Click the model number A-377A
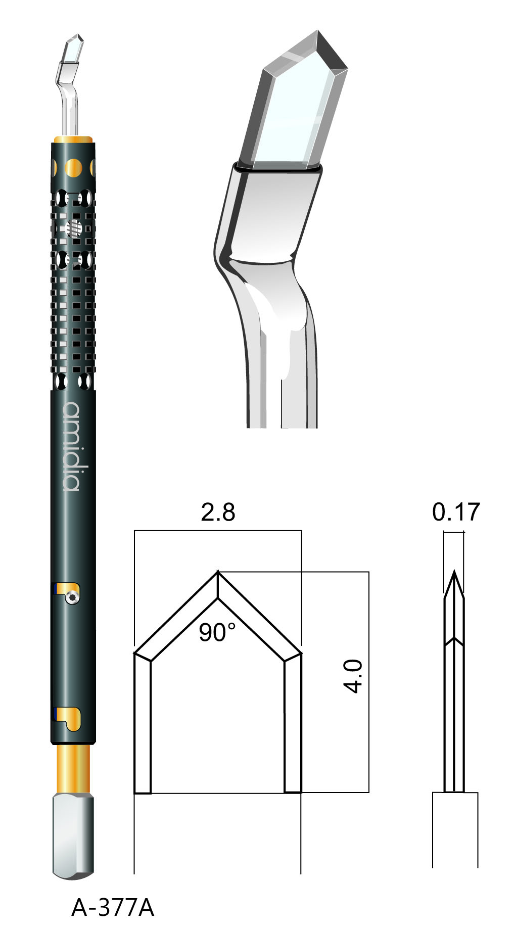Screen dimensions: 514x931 [112, 907]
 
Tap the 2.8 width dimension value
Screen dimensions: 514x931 [218, 512]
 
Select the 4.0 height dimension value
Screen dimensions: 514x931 [353, 676]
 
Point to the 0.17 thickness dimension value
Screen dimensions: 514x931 [455, 512]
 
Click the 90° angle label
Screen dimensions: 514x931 [216, 632]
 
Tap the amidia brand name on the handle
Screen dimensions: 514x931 [72, 446]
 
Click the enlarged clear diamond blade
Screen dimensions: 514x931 [294, 101]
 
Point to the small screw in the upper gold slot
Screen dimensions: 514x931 [74, 597]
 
